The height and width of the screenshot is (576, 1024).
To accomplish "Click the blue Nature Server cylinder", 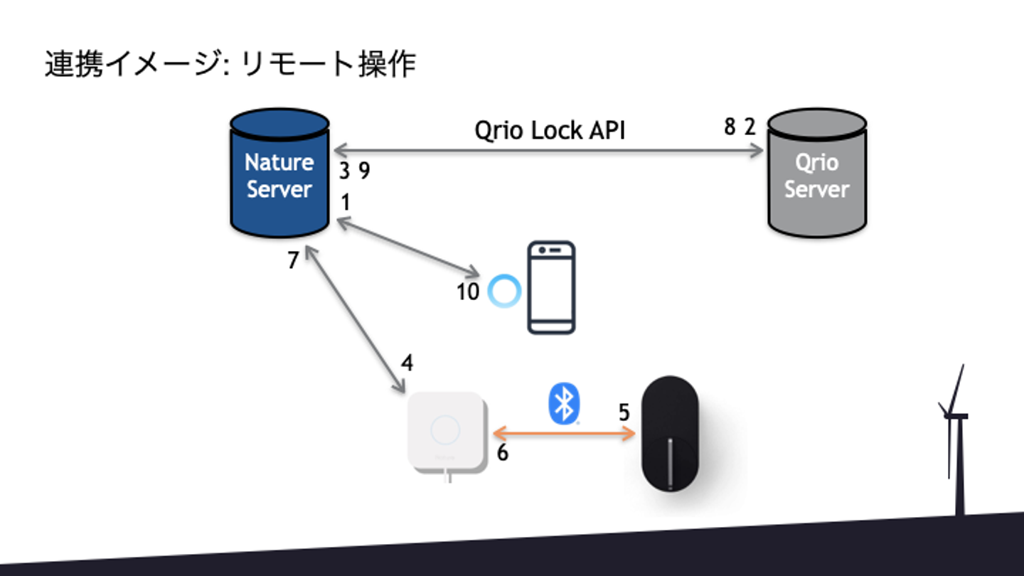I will pos(279,174).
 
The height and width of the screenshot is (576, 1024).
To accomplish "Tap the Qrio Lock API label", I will pos(549,131).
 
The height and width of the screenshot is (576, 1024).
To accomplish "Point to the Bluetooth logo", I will pos(565,404).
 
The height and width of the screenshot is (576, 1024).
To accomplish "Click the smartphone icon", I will pos(551,288).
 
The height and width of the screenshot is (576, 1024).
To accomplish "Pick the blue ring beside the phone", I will pos(505,292).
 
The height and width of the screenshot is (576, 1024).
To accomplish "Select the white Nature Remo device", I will pos(446,431).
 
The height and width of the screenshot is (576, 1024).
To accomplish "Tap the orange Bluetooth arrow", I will pos(564,432).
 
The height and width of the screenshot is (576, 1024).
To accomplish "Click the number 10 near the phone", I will pos(468,292).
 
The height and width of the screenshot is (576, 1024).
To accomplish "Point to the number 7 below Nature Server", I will pos(294,262).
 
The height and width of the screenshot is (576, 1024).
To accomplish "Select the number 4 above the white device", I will pos(407,363).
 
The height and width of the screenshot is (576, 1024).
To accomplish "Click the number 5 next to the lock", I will pos(624,412).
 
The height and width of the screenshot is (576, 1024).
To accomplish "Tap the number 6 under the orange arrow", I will pos(502,453).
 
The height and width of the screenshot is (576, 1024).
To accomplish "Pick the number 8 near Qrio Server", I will pos(730,127).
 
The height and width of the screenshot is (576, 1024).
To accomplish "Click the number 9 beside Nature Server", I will pos(364,171).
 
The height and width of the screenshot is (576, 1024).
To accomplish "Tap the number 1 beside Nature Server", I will pos(346,203).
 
